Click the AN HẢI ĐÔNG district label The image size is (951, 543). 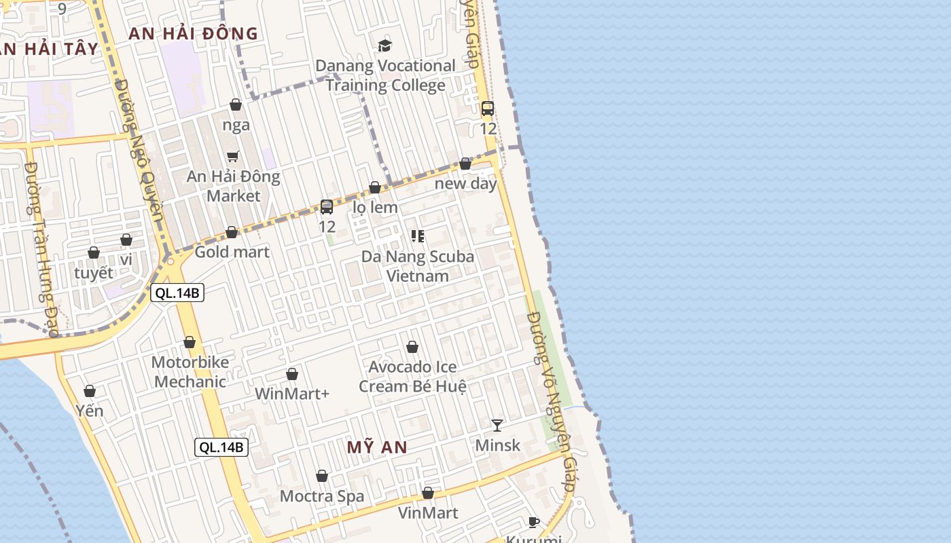pos(193,33)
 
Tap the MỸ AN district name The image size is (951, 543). pos(377,447)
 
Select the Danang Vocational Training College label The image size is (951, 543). pos(385,75)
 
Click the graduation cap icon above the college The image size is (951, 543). pos(385,45)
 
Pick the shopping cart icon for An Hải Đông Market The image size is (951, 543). pos(233,157)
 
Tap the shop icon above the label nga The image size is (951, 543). pos(236,105)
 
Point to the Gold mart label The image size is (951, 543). pos(232,252)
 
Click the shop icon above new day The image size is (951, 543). pos(465,164)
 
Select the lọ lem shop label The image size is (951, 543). pos(376,207)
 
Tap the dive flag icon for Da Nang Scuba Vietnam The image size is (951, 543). pos(418,236)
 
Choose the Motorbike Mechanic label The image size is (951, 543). pos(190,372)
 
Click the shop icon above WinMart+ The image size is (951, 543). pos(292,374)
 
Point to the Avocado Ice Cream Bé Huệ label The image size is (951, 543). pos(412,377)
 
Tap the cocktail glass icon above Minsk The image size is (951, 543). pos(497,426)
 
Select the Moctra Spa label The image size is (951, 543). pos(322,496)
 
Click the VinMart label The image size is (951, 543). pos(428,512)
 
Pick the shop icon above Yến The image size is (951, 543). pos(90,391)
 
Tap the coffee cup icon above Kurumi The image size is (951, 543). pos(534,522)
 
